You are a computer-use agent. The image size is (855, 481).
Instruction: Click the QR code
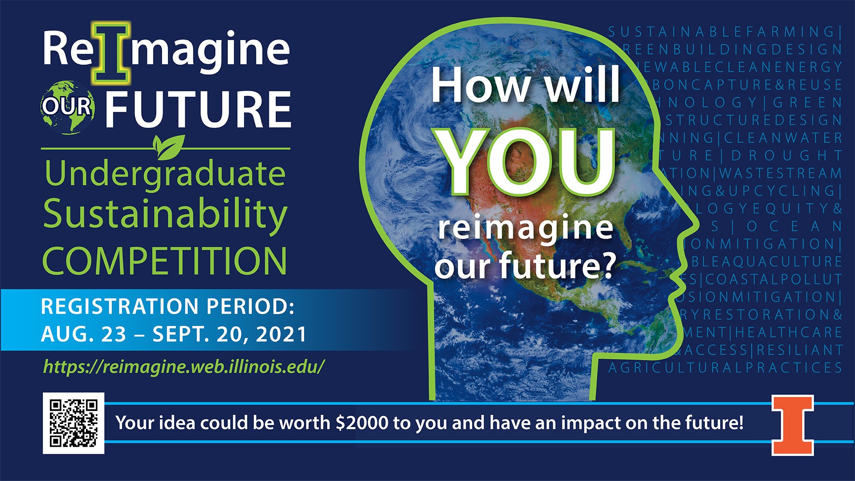click(73, 423)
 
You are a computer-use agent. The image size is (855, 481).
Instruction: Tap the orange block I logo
click(793, 425)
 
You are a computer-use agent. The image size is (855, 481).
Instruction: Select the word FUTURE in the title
click(198, 109)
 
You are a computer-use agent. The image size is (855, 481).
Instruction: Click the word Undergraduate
click(165, 175)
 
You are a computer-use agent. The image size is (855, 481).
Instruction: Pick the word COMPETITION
click(165, 261)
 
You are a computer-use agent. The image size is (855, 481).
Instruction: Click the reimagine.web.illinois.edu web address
click(184, 367)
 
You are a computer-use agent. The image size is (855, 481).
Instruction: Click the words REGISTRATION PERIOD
click(167, 306)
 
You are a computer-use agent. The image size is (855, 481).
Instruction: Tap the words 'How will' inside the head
click(525, 85)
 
